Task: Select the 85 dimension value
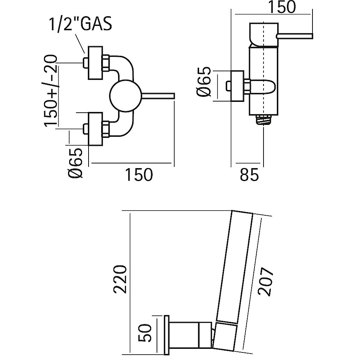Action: tap(249, 175)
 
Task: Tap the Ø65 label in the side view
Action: tap(204, 82)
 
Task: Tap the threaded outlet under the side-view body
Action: tap(265, 120)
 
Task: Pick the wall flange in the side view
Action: tap(237, 86)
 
